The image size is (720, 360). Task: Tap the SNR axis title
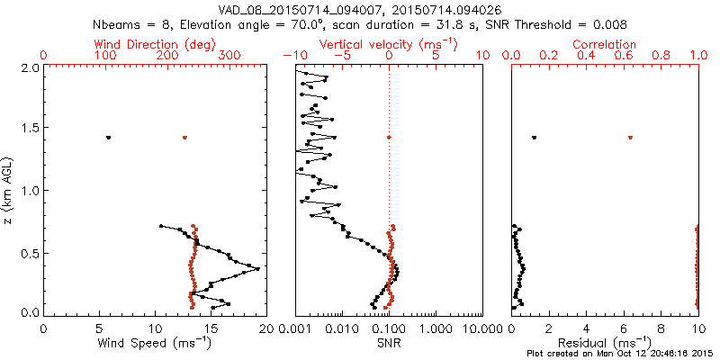click(x=388, y=343)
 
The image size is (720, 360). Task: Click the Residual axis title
click(x=605, y=343)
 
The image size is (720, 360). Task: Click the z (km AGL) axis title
click(x=9, y=189)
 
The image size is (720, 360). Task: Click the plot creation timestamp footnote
click(x=620, y=353)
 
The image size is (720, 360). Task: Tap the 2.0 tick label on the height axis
click(x=30, y=67)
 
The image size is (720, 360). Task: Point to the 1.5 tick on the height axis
click(x=30, y=129)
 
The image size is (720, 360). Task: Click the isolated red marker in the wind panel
click(x=184, y=138)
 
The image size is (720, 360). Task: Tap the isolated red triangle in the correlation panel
click(x=630, y=138)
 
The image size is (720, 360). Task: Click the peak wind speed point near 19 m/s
click(x=258, y=268)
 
